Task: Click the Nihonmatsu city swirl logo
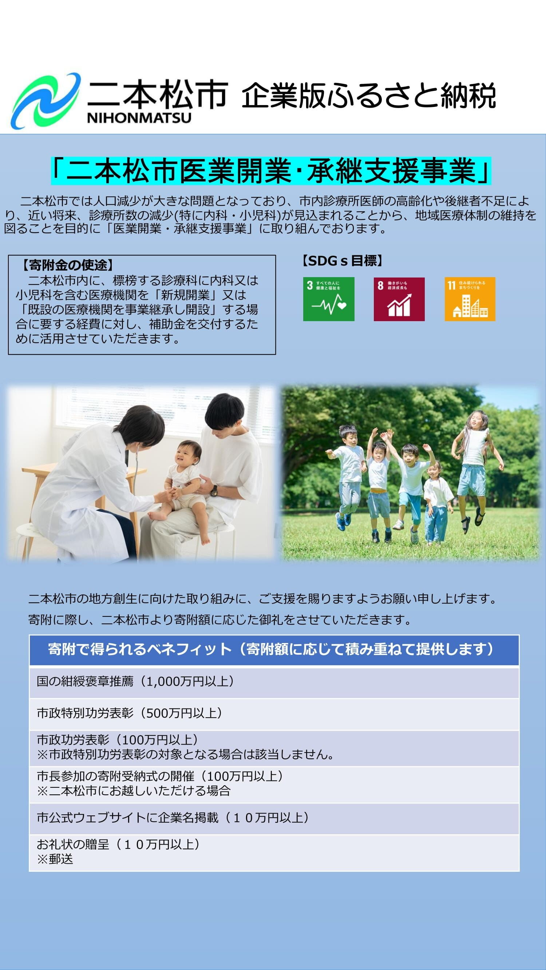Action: [45, 100]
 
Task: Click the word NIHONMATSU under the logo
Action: [139, 118]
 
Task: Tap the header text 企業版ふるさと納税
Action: [368, 96]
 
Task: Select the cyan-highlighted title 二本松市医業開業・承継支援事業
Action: [271, 171]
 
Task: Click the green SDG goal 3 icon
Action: [329, 299]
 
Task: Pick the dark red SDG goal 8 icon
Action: [399, 299]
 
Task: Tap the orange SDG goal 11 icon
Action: [470, 299]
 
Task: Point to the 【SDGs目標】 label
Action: [342, 260]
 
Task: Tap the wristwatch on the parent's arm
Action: [214, 491]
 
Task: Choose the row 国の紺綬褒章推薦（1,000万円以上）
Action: [274, 682]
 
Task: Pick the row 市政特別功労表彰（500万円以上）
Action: [274, 714]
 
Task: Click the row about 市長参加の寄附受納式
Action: [274, 784]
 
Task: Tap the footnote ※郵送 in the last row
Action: [55, 859]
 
